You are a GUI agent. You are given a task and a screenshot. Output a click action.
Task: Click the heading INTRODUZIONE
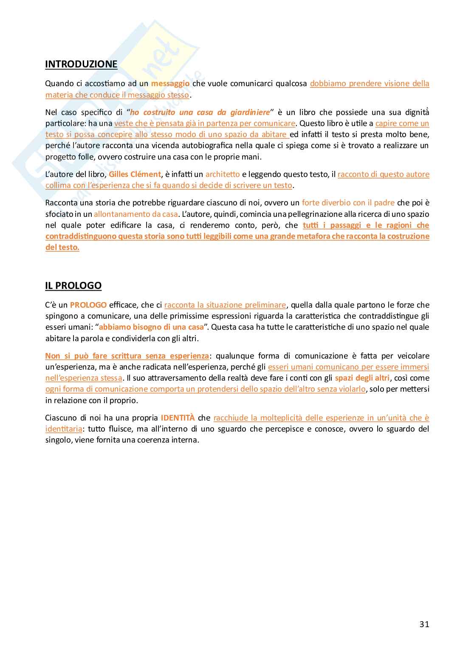[x=81, y=64]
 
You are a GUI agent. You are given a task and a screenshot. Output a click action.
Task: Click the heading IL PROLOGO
[x=73, y=286]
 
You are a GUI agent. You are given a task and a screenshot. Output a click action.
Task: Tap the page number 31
[x=424, y=624]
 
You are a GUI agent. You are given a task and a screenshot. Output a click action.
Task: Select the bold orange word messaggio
[x=170, y=84]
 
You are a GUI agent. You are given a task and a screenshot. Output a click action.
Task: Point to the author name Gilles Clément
[x=135, y=174]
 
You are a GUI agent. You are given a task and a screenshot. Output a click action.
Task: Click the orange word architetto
[x=223, y=174]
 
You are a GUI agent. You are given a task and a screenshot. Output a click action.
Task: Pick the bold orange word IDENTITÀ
[x=178, y=418]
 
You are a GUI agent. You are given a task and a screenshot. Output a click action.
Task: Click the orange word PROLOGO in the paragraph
[x=88, y=305]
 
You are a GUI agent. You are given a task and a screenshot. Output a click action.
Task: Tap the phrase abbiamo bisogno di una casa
[x=151, y=327]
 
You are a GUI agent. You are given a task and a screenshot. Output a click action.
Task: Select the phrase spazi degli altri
[x=362, y=378]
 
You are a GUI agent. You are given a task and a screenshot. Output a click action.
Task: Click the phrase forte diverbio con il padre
[x=348, y=203]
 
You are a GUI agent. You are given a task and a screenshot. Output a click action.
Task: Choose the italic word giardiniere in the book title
[x=250, y=112]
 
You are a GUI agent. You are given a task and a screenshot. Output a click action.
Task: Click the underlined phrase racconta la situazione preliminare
[x=225, y=305]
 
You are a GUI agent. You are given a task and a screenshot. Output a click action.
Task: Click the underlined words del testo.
[x=62, y=247]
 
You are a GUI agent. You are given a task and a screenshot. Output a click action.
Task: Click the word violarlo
[x=351, y=389]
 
